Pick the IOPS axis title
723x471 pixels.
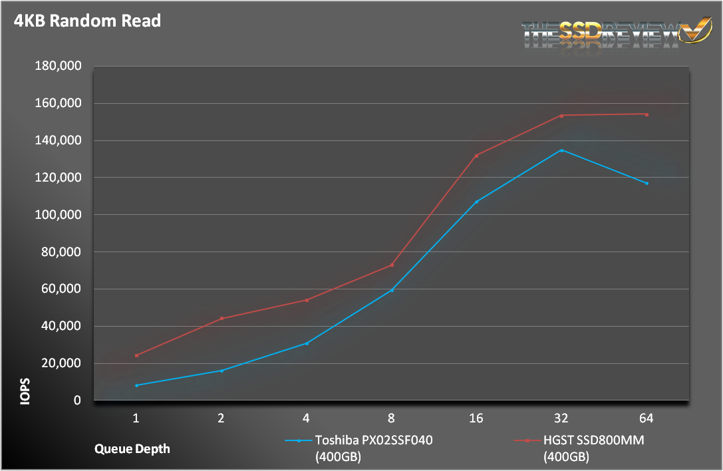(25, 391)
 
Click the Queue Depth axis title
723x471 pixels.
(131, 448)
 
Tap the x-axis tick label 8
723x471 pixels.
(391, 418)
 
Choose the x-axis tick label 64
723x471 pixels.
(646, 418)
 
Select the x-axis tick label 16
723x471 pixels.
(476, 418)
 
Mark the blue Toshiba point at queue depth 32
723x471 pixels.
(561, 150)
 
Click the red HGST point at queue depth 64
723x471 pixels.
(647, 114)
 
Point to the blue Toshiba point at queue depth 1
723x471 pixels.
(136, 385)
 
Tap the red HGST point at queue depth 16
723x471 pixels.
(476, 156)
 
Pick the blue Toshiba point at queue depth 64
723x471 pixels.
(647, 183)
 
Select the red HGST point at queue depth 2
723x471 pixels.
(221, 318)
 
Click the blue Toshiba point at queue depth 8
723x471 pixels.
(392, 290)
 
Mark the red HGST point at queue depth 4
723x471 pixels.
(307, 300)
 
